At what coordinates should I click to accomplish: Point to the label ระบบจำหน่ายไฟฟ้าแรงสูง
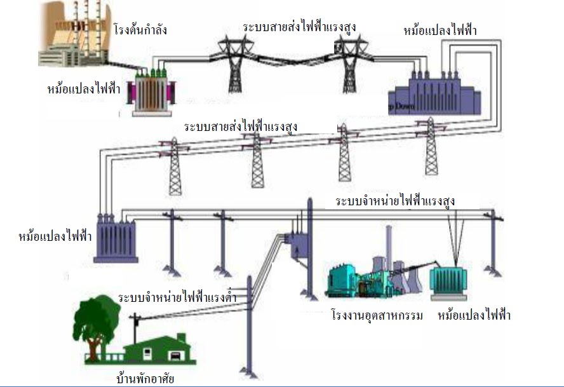click(395, 201)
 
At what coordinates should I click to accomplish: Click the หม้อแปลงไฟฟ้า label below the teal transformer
click(474, 315)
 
